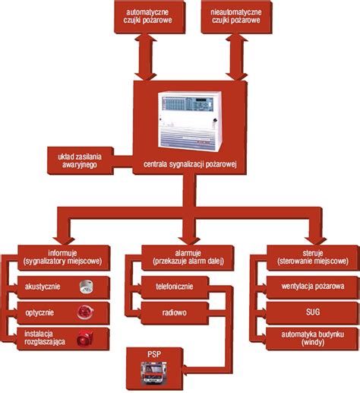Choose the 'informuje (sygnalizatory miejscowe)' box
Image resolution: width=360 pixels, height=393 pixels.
(x=64, y=257)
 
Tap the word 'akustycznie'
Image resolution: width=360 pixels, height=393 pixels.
(x=44, y=287)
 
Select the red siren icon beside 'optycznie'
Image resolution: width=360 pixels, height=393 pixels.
(x=83, y=312)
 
